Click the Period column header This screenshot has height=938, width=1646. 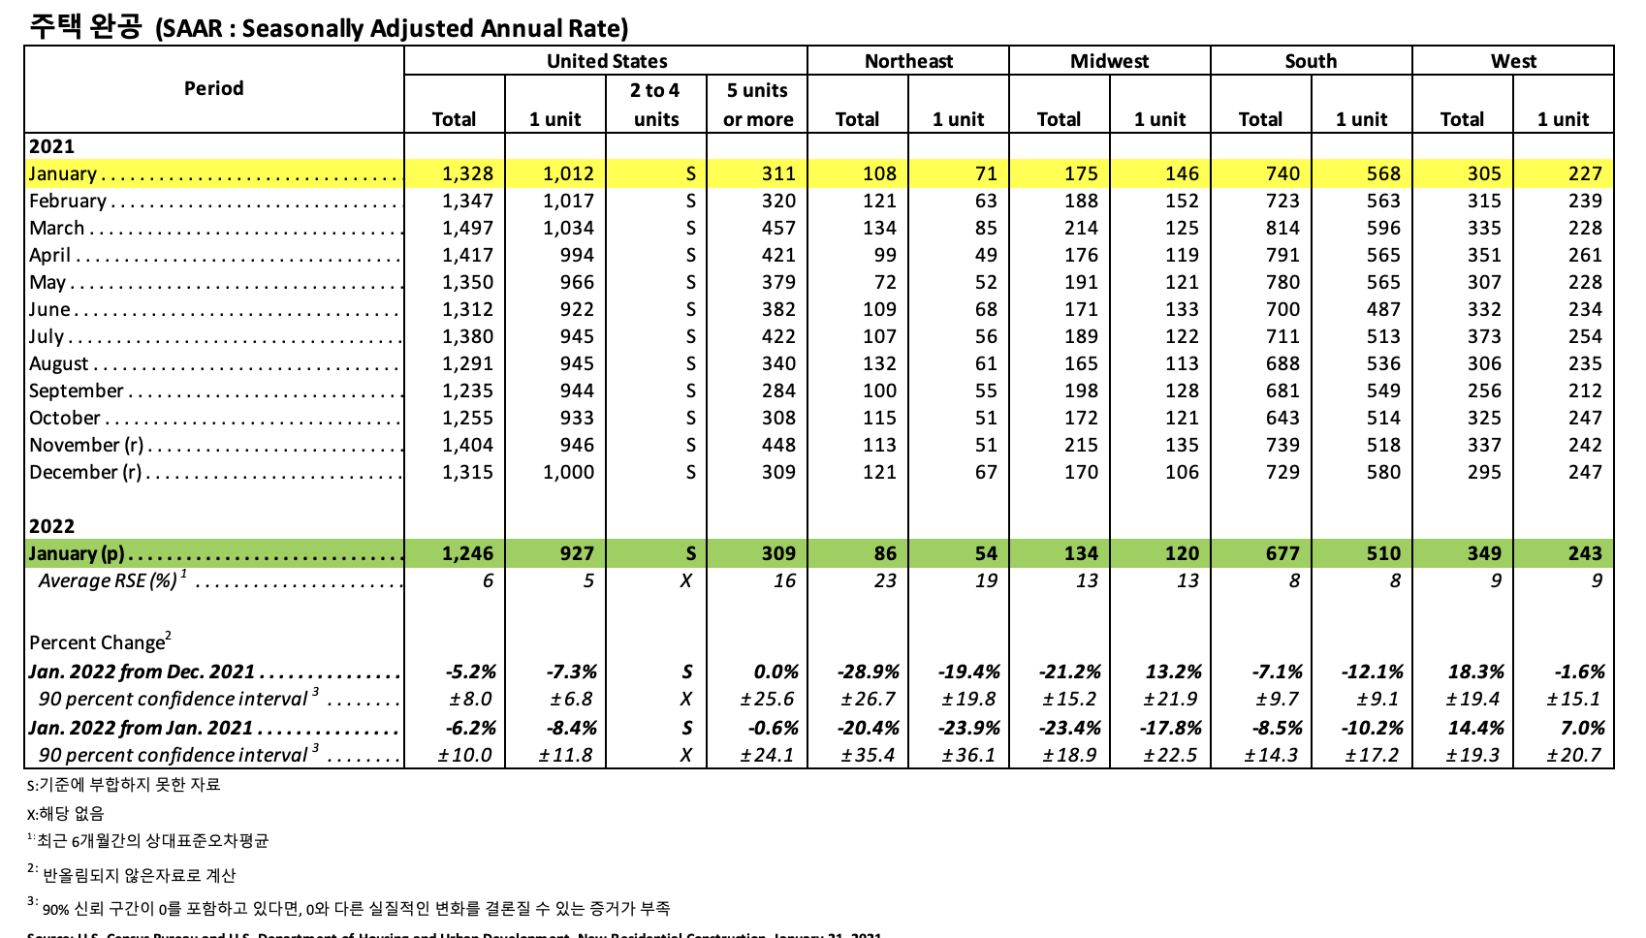213,88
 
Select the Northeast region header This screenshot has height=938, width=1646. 908,61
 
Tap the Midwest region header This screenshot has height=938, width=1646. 1109,61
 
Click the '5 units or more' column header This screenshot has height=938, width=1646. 757,105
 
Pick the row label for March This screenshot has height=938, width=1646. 57,228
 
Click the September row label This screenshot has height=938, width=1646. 77,391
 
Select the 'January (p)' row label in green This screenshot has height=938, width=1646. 77,553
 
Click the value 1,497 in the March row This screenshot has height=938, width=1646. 467,228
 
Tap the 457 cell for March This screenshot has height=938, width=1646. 777,228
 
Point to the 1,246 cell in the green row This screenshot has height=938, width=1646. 467,553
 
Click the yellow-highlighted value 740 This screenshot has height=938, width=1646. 1282,173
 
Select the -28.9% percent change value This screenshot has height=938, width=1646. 868,672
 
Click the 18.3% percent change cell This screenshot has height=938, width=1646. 1475,672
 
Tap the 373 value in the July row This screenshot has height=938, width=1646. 1483,336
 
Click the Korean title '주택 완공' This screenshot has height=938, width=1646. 85,26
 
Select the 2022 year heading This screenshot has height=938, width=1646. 51,526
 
